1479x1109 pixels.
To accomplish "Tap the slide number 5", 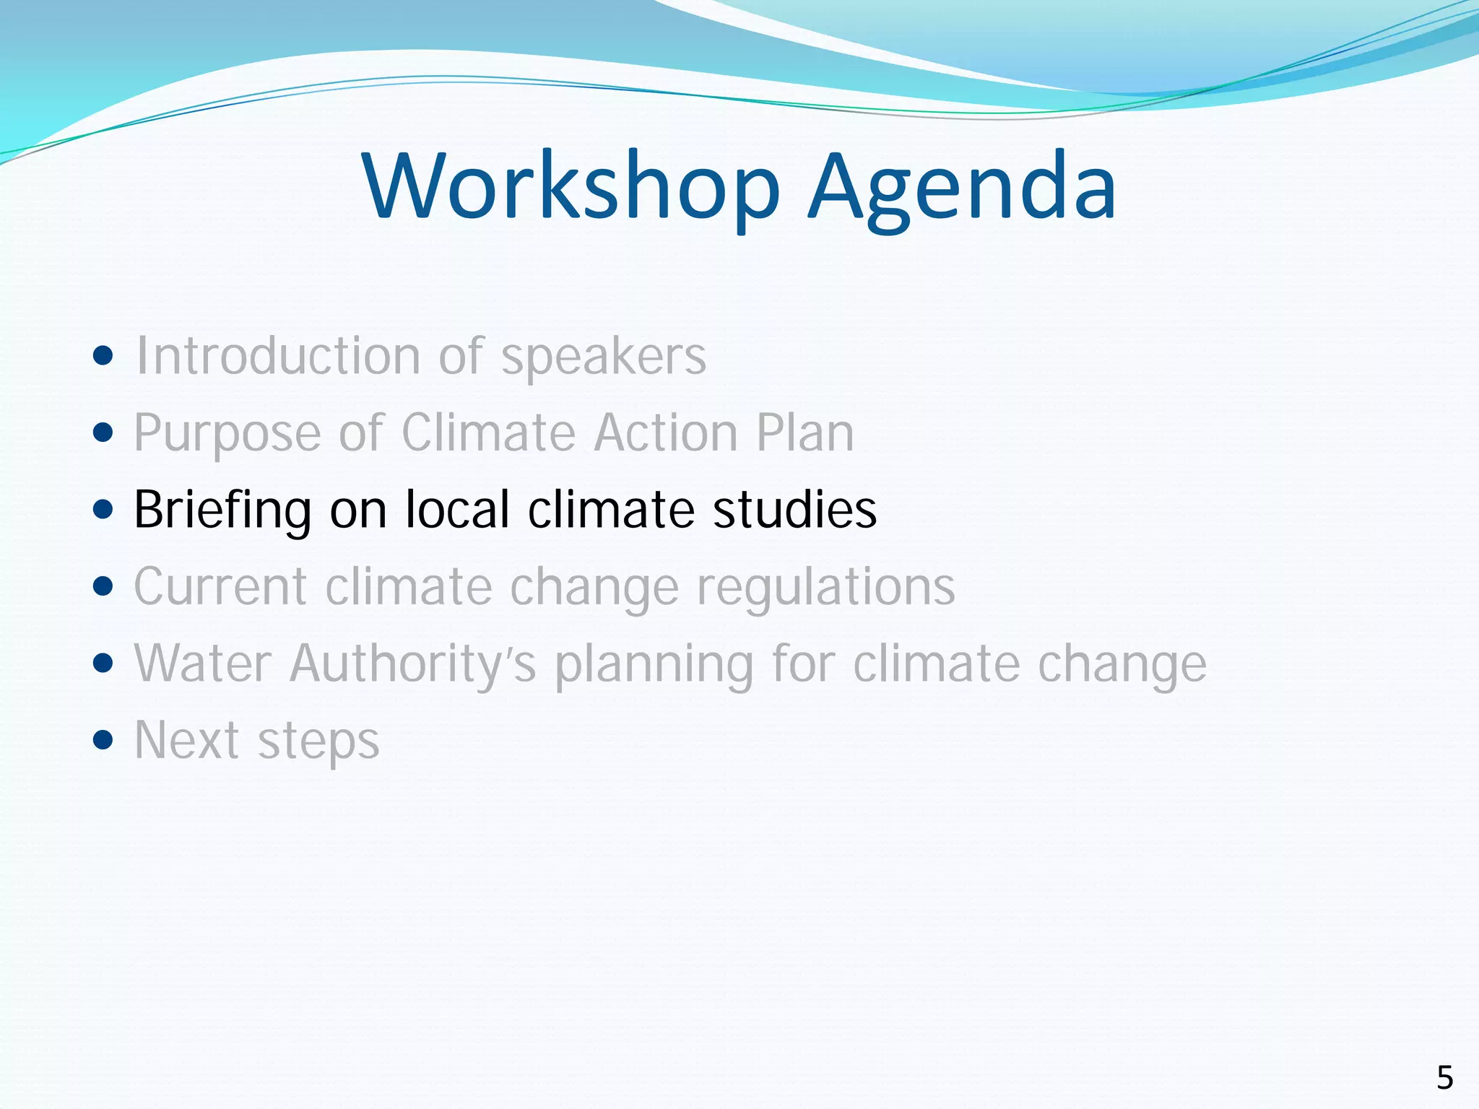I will [1444, 1078].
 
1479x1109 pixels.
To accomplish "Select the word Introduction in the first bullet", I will [278, 356].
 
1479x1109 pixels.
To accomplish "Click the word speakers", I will [604, 357].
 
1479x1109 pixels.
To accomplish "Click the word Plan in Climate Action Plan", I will [805, 433].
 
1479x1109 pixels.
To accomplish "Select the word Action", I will [665, 433].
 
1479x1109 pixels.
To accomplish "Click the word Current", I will [220, 586].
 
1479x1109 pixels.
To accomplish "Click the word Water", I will [203, 663].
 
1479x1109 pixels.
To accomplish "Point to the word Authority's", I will [412, 664].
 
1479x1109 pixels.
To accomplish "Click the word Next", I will [186, 740].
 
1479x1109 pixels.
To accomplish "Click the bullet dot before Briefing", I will [104, 510].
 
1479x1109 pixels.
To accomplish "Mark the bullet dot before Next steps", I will [104, 740].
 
